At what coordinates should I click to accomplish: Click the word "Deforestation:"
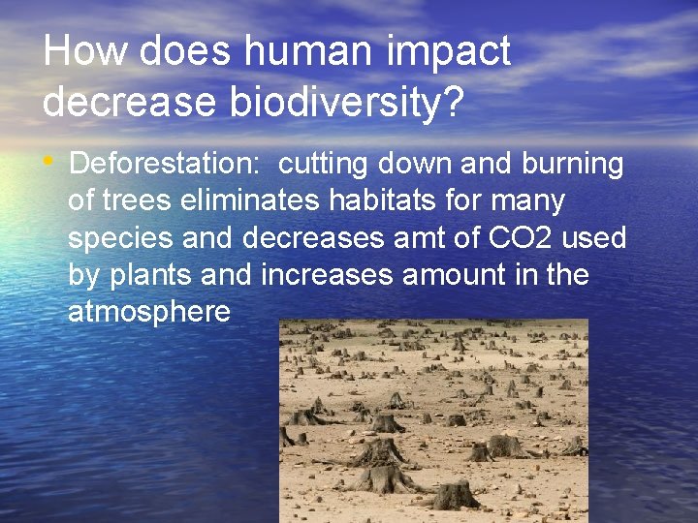tap(164, 165)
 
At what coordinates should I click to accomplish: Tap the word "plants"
tap(151, 275)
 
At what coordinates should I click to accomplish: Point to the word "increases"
tap(327, 275)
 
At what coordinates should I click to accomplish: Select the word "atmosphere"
tap(149, 312)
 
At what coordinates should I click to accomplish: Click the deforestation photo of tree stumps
tap(433, 421)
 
